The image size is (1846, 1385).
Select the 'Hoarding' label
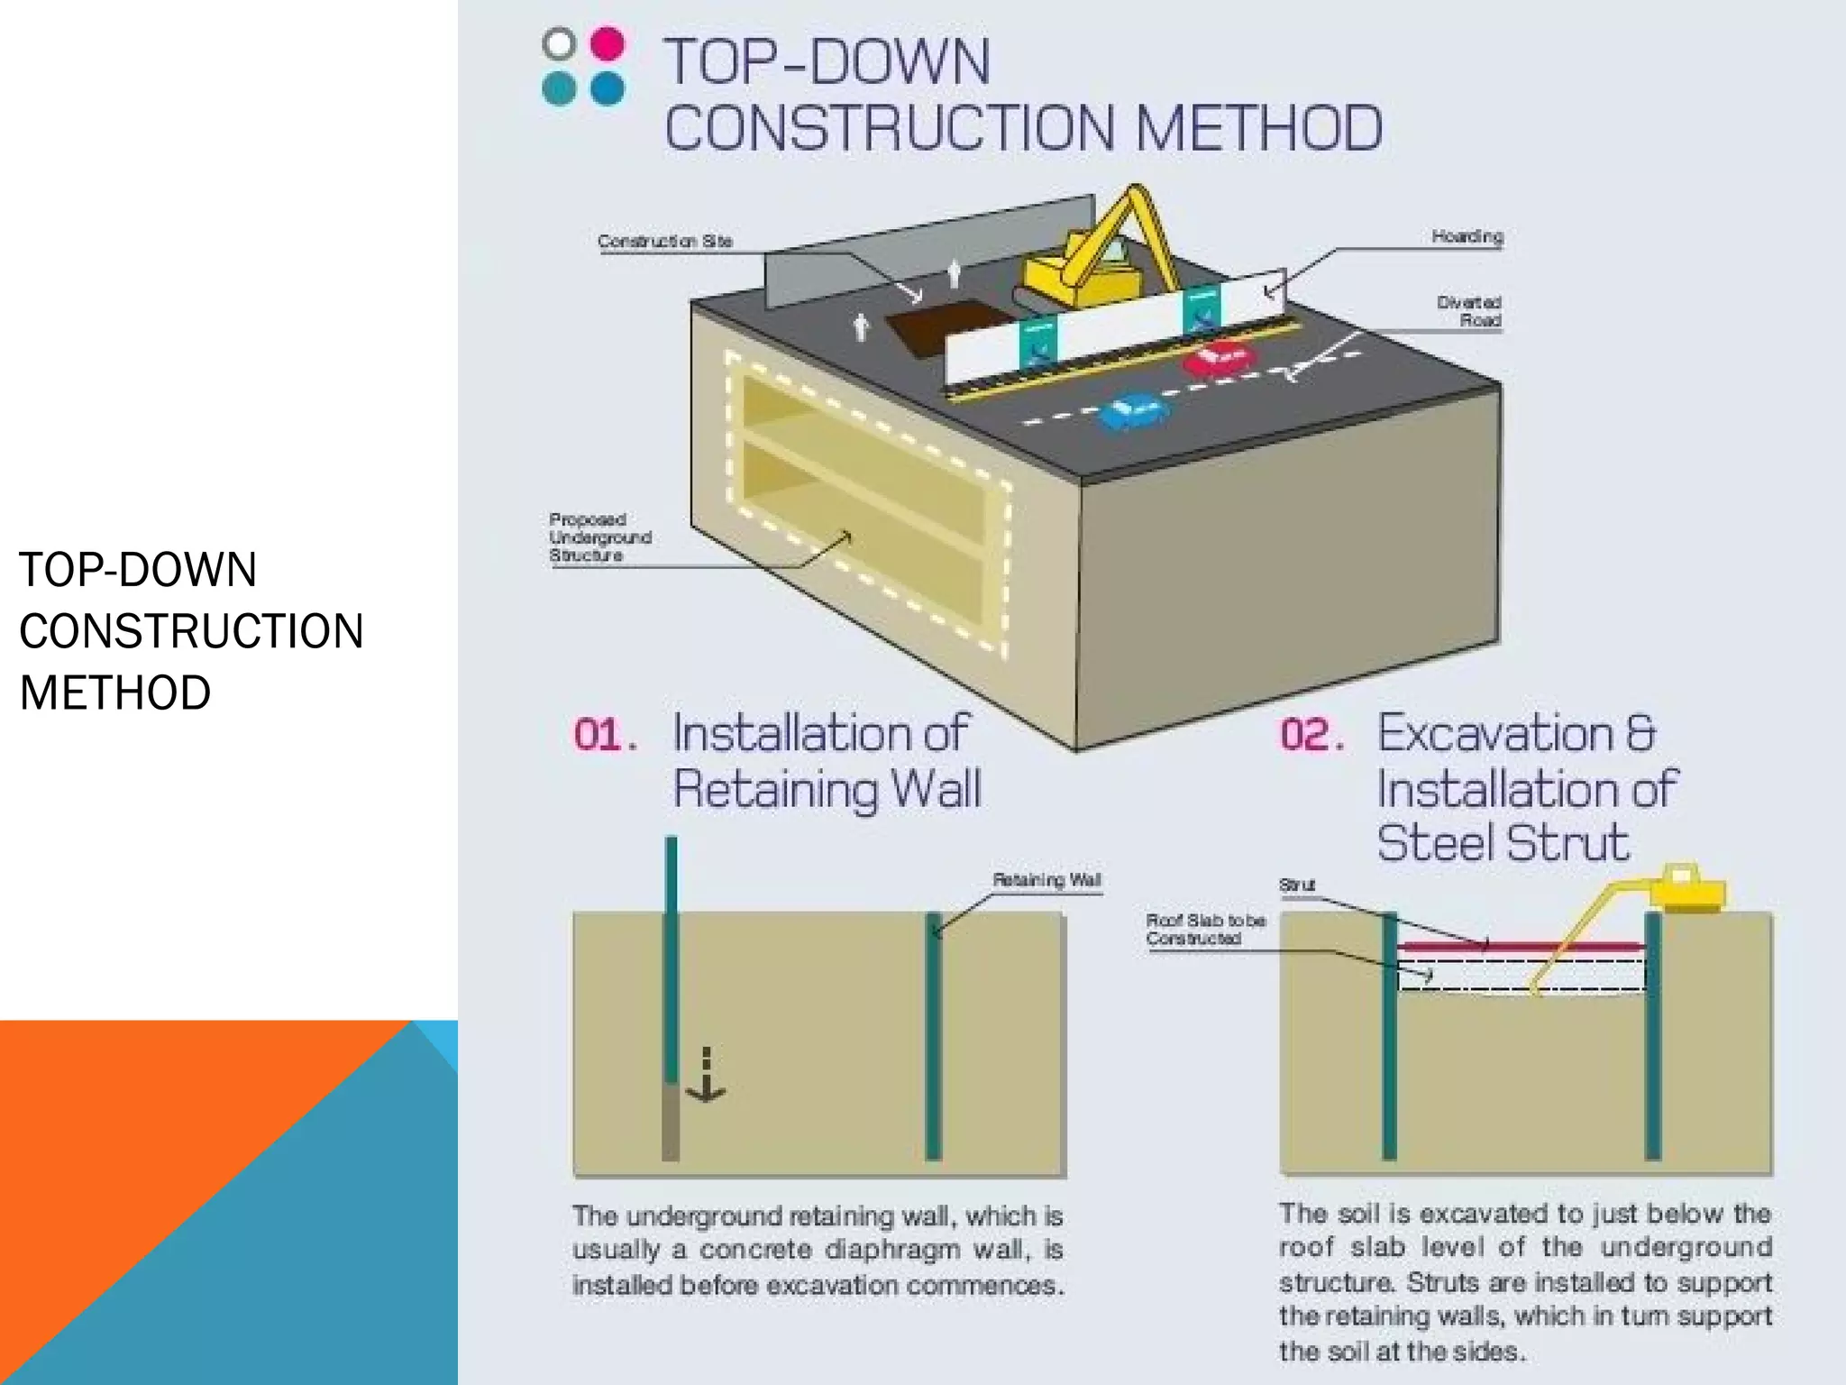coord(1467,236)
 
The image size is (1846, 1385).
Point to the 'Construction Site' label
coord(665,241)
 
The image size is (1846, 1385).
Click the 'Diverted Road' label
coord(1468,311)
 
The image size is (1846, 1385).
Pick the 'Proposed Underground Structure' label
coord(599,537)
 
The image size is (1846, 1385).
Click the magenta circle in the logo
coord(608,43)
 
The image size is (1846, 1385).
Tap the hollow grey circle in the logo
coord(559,43)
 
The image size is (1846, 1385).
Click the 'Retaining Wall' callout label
coord(1046,879)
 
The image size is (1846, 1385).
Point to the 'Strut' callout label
coord(1296,885)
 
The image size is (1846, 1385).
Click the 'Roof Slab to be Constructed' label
coord(1204,929)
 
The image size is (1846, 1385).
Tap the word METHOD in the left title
coord(115,692)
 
